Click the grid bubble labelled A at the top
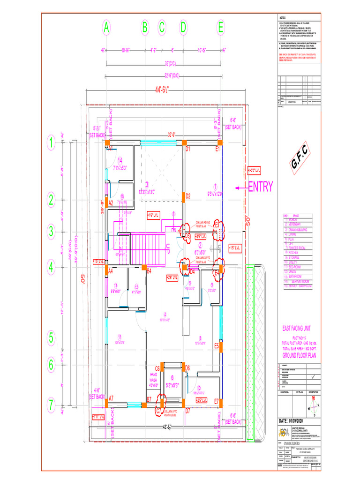pos(107,28)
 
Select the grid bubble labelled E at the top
pos(220,28)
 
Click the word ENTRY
pos(260,187)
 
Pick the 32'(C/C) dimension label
pos(164,63)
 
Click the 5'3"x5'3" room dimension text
pos(172,385)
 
